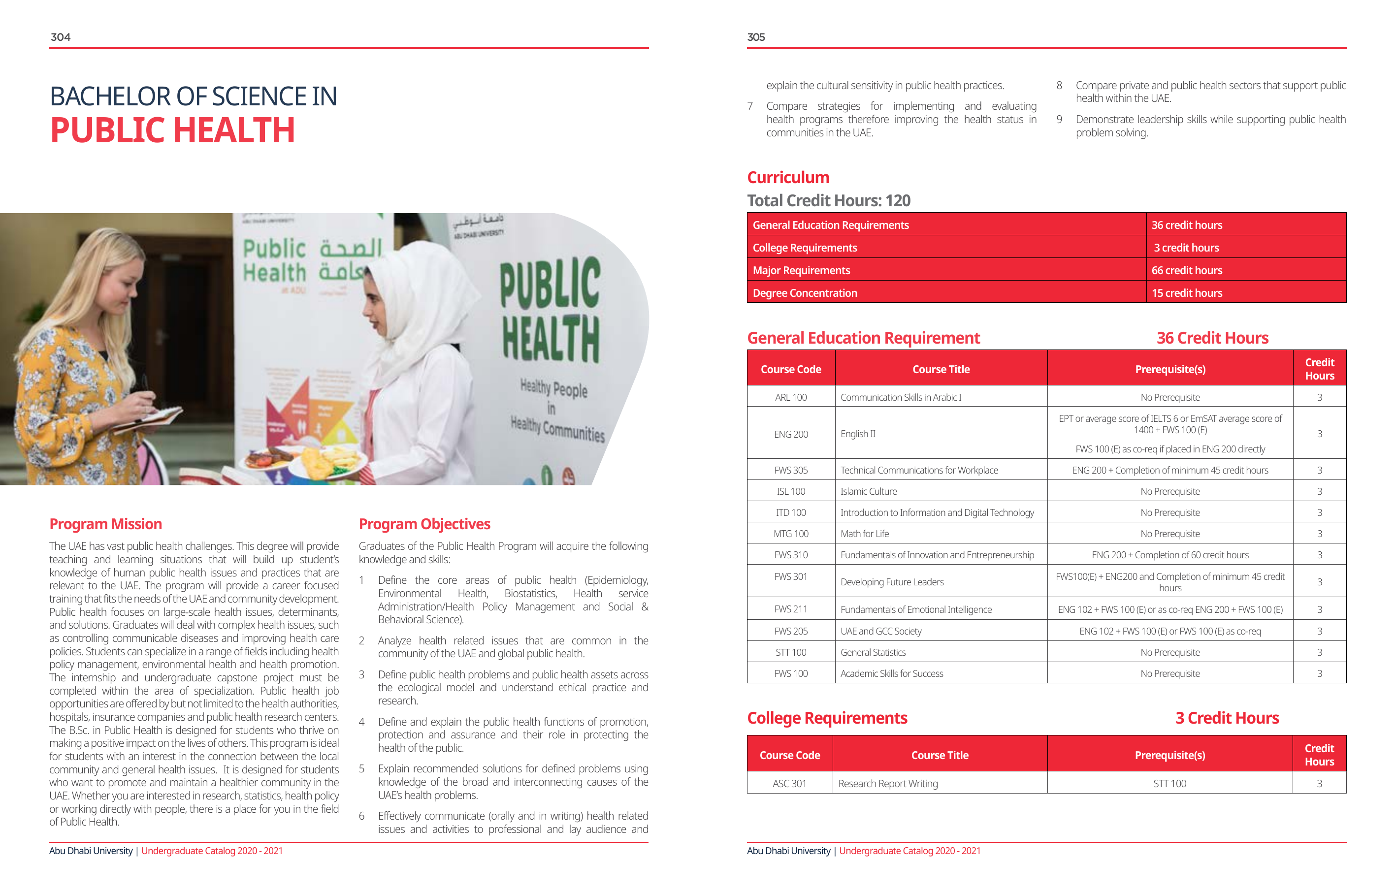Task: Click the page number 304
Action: (x=60, y=37)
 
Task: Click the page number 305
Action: (x=755, y=37)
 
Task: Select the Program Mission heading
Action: (x=105, y=524)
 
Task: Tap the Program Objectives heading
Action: (x=424, y=524)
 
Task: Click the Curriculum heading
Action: (x=788, y=177)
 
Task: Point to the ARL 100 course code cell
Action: (x=791, y=398)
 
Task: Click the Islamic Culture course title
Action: (x=869, y=491)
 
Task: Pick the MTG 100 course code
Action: (x=791, y=534)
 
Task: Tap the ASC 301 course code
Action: (x=790, y=784)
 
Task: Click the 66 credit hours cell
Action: (x=1187, y=271)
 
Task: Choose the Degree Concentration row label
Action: (x=805, y=293)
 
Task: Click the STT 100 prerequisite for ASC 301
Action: (x=1169, y=784)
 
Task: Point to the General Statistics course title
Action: (x=873, y=653)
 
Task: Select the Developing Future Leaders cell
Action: (x=892, y=582)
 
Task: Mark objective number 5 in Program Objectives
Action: (x=362, y=769)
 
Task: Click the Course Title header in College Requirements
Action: (x=940, y=755)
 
